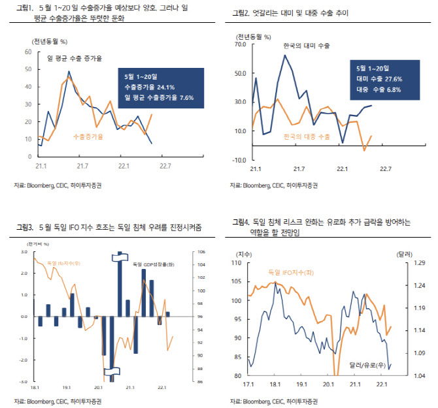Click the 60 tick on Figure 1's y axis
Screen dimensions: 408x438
[27, 52]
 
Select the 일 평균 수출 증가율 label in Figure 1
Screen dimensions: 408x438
[76, 58]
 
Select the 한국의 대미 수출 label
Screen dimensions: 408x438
[306, 46]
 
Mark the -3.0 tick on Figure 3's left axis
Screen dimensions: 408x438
[23, 382]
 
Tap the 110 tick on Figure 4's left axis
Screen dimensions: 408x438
[237, 262]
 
